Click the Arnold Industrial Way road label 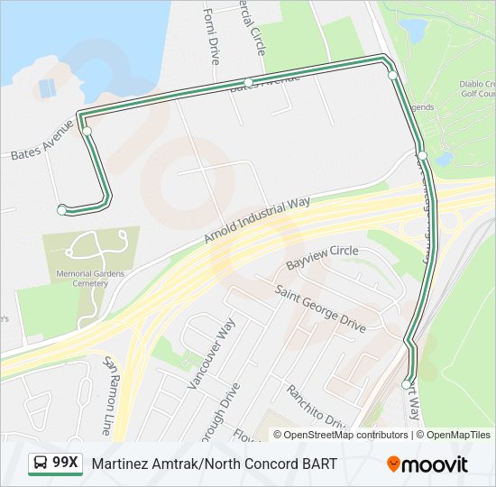256,220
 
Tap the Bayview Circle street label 322,258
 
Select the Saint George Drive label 320,308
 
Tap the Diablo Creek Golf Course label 477,88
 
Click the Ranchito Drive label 317,407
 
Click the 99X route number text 66,463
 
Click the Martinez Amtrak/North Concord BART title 214,464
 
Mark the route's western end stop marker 61,210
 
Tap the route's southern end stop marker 406,385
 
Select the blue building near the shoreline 46,88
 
